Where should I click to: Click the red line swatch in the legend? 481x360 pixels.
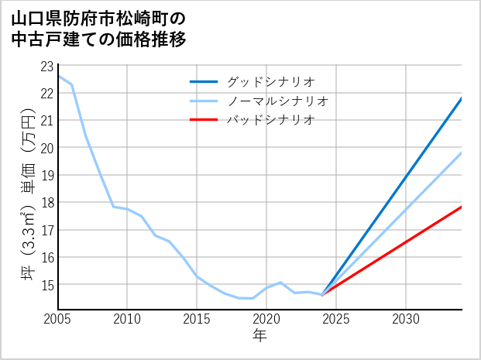point(205,120)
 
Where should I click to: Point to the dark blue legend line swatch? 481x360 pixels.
point(205,81)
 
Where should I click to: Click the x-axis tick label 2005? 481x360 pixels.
point(57,319)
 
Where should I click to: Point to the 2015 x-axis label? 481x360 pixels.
point(197,319)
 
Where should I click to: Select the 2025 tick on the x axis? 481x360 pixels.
point(336,319)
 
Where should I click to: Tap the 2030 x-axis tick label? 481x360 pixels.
point(406,319)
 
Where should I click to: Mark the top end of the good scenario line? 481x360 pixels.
point(462,98)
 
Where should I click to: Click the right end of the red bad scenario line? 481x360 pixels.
point(462,207)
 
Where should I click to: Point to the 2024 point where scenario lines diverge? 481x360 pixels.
point(322,294)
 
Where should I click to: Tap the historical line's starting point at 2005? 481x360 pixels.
point(58,76)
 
